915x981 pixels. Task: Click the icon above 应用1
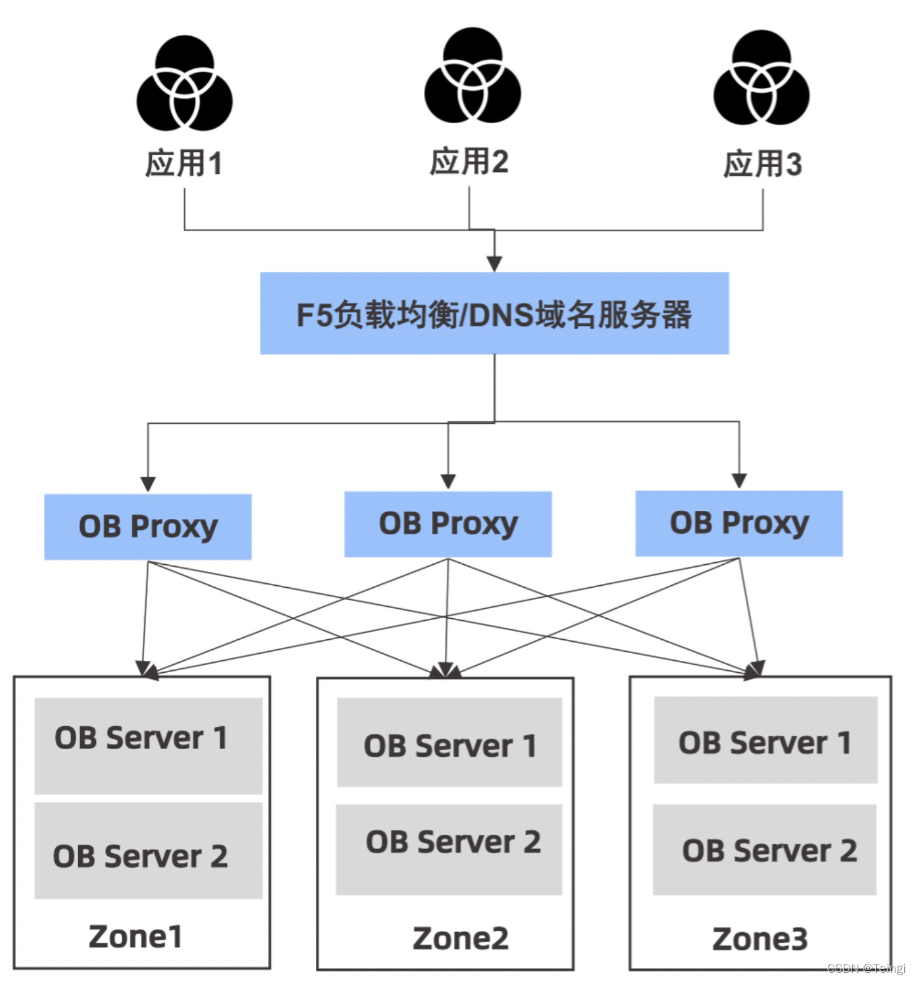pyautogui.click(x=184, y=83)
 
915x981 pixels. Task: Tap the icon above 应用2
pyautogui.click(x=473, y=76)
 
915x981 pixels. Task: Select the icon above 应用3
pyautogui.click(x=761, y=79)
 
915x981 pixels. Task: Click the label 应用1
pyautogui.click(x=184, y=163)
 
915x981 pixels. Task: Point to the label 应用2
pyautogui.click(x=469, y=161)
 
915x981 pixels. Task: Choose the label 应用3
pyautogui.click(x=762, y=164)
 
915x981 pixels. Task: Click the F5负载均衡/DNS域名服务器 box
pyautogui.click(x=494, y=313)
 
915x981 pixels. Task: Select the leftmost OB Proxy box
pyautogui.click(x=147, y=527)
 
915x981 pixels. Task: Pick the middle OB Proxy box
pyautogui.click(x=448, y=524)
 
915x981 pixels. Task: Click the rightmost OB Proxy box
pyautogui.click(x=739, y=524)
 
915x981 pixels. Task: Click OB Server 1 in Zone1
pyautogui.click(x=148, y=745)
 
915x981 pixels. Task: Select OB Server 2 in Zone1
pyautogui.click(x=148, y=851)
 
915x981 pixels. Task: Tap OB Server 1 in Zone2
pyautogui.click(x=449, y=743)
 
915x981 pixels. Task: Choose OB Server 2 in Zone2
pyautogui.click(x=449, y=849)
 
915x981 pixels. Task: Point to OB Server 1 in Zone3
pyautogui.click(x=765, y=740)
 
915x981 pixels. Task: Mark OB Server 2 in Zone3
pyautogui.click(x=765, y=849)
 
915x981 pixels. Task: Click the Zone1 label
pyautogui.click(x=135, y=937)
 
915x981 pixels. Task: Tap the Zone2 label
pyautogui.click(x=460, y=938)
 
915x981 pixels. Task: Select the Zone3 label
pyautogui.click(x=759, y=938)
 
